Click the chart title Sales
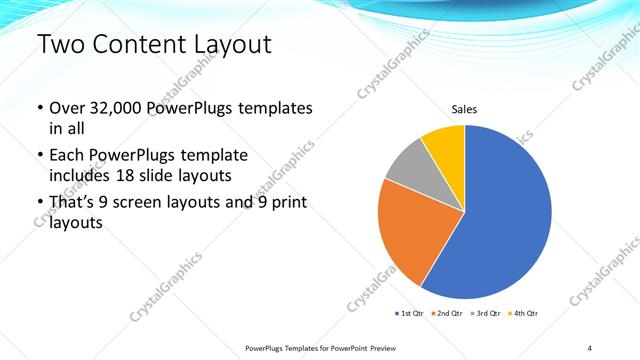(x=464, y=109)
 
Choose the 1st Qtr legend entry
(x=409, y=314)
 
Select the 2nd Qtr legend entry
(x=448, y=314)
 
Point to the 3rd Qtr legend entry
(x=486, y=314)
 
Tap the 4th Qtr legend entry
(x=524, y=314)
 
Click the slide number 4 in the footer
(x=589, y=347)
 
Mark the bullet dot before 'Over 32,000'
(x=39, y=108)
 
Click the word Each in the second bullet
(x=68, y=157)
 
